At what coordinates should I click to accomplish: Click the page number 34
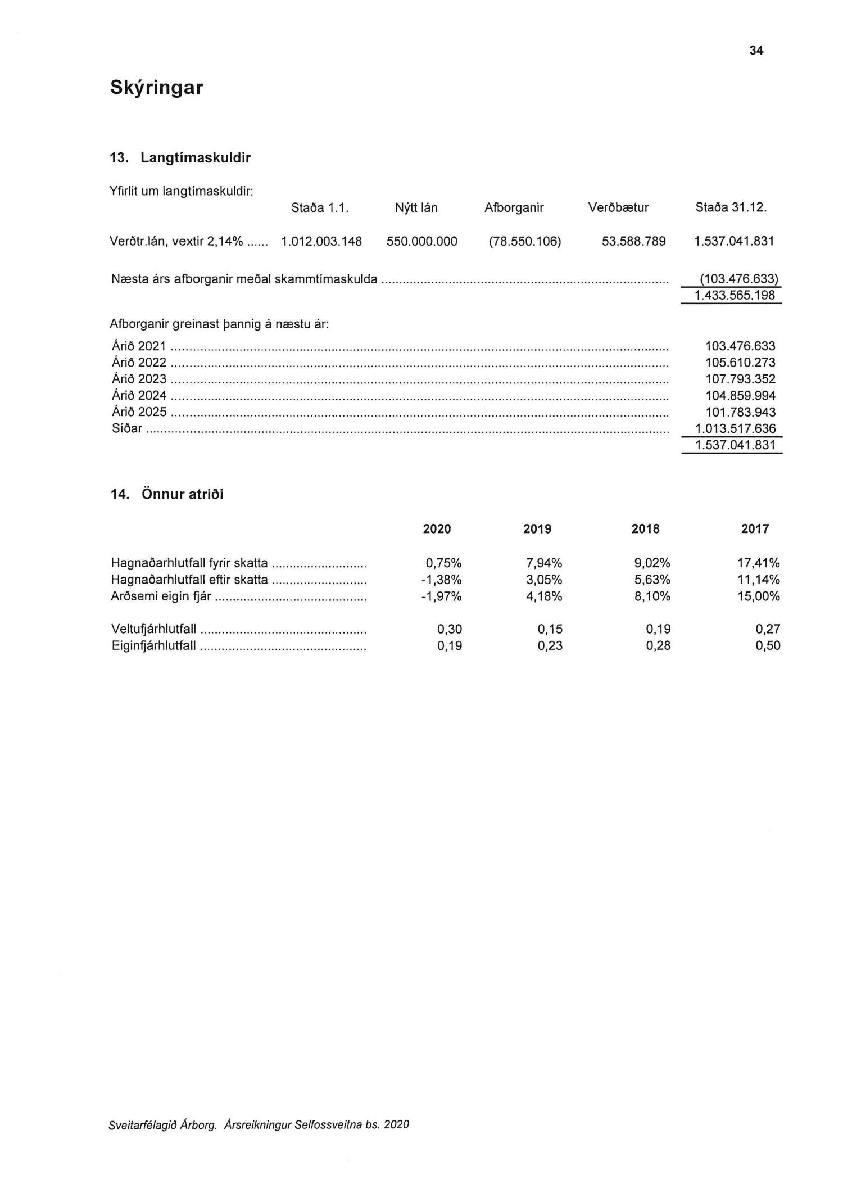[x=756, y=51]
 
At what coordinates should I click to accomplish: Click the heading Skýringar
[x=156, y=88]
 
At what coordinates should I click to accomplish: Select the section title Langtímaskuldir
[x=195, y=158]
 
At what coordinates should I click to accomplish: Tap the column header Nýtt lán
[x=416, y=208]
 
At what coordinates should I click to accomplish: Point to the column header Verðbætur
[x=618, y=208]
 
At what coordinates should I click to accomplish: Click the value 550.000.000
[x=422, y=242]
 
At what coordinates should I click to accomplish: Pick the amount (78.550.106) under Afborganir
[x=525, y=242]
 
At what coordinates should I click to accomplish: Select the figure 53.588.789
[x=633, y=242]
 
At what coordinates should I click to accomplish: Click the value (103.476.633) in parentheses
[x=738, y=279]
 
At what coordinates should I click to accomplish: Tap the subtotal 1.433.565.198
[x=735, y=295]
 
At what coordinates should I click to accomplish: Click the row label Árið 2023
[x=139, y=379]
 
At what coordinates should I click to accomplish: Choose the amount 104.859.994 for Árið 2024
[x=740, y=395]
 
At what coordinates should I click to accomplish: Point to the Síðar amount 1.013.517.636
[x=735, y=428]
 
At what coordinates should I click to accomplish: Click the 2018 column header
[x=645, y=529]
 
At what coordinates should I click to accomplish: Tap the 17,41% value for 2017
[x=759, y=563]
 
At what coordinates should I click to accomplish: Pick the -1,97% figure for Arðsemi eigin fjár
[x=442, y=596]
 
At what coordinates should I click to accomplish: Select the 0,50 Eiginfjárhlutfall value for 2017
[x=768, y=646]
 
